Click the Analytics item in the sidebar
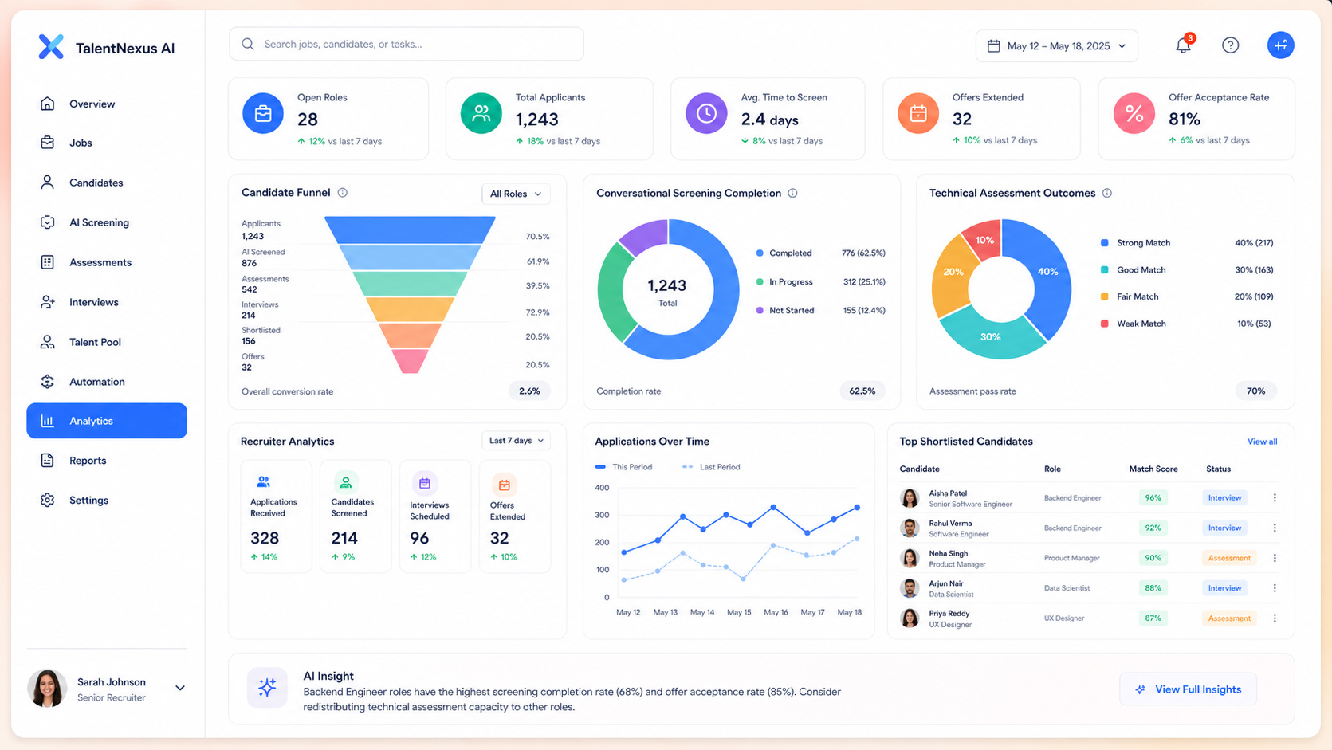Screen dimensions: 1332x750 click(107, 421)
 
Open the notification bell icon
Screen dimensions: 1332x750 click(1184, 45)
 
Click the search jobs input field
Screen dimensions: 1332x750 click(407, 44)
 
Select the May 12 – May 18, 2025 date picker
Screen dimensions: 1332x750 click(1057, 45)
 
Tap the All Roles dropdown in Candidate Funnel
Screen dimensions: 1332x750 click(516, 194)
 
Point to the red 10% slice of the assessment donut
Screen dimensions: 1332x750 click(982, 239)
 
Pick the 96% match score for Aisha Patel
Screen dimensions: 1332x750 click(1153, 498)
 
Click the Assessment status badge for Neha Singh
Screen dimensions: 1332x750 click(1229, 558)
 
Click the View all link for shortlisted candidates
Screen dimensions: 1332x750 click(1262, 442)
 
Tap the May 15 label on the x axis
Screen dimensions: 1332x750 click(739, 612)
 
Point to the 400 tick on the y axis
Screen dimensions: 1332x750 click(602, 488)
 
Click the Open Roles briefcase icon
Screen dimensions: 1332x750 click(263, 113)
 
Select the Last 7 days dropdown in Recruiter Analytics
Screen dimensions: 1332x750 click(516, 441)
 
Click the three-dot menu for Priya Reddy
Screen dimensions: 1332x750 click(1275, 618)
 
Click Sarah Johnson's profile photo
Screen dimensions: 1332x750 click(47, 688)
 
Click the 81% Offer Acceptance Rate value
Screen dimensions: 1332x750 click(1185, 119)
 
